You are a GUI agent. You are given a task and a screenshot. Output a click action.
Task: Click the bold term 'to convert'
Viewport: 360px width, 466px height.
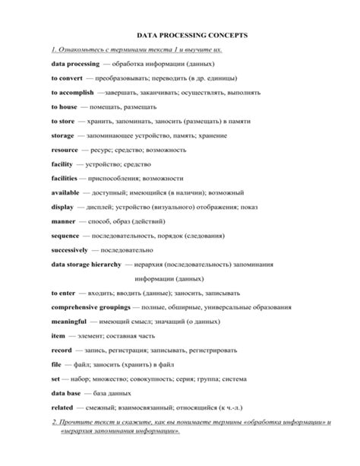coord(66,78)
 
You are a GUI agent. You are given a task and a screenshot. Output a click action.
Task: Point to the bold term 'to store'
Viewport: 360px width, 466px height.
coord(63,121)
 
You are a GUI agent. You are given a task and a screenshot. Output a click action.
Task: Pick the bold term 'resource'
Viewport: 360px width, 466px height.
coord(65,150)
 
